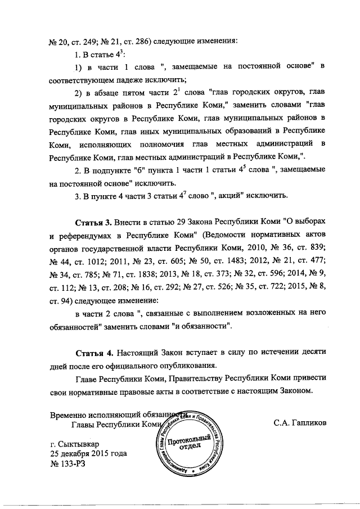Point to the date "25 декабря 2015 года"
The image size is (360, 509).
point(88,453)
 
